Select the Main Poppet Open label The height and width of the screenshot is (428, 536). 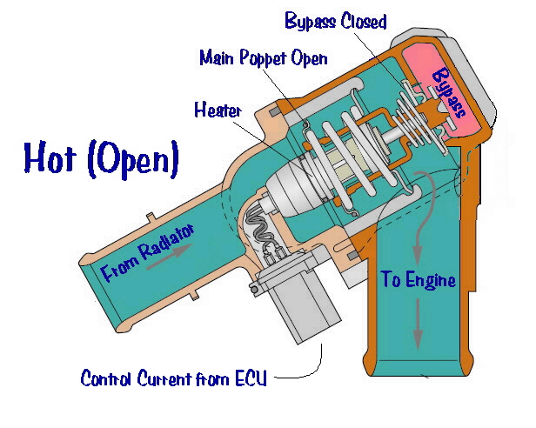click(263, 59)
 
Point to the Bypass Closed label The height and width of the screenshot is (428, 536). click(335, 20)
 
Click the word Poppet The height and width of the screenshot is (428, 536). click(264, 59)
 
